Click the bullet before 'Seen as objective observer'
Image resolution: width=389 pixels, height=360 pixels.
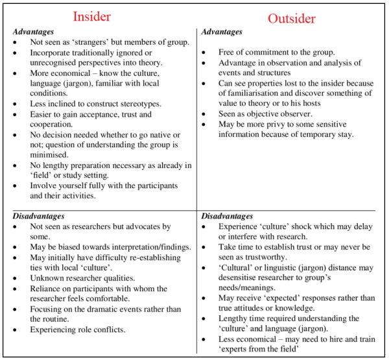point(205,114)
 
